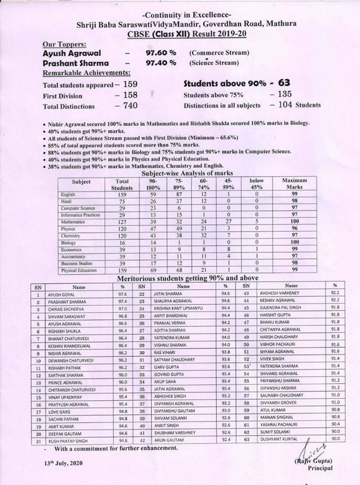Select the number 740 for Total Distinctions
pyautogui.click(x=126, y=106)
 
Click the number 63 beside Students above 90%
pyautogui.click(x=289, y=83)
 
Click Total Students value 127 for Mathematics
pyautogui.click(x=122, y=221)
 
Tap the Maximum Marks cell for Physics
pyautogui.click(x=291, y=228)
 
